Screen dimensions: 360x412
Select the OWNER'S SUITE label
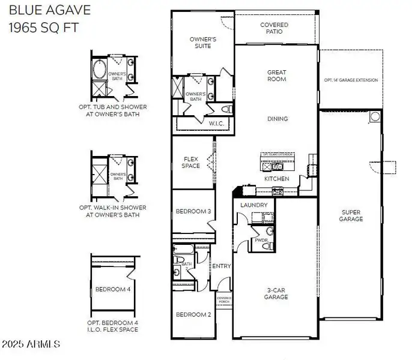click(x=203, y=43)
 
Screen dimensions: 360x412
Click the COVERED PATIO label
click(x=274, y=28)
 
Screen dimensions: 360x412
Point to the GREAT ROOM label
click(x=277, y=76)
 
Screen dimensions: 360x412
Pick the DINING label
click(x=277, y=119)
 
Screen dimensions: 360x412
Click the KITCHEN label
click(x=277, y=179)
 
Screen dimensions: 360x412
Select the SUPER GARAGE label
click(x=351, y=215)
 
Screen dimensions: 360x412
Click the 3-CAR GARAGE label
click(x=277, y=293)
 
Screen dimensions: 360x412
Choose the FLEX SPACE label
click(x=191, y=162)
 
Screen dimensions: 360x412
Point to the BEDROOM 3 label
click(x=193, y=211)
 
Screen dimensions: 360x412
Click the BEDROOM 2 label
click(x=193, y=314)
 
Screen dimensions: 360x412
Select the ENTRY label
click(x=222, y=266)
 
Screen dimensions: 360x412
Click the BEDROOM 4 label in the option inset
click(x=113, y=289)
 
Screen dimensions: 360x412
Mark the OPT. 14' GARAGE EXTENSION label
click(x=351, y=80)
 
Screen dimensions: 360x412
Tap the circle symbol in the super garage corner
click(x=375, y=116)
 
